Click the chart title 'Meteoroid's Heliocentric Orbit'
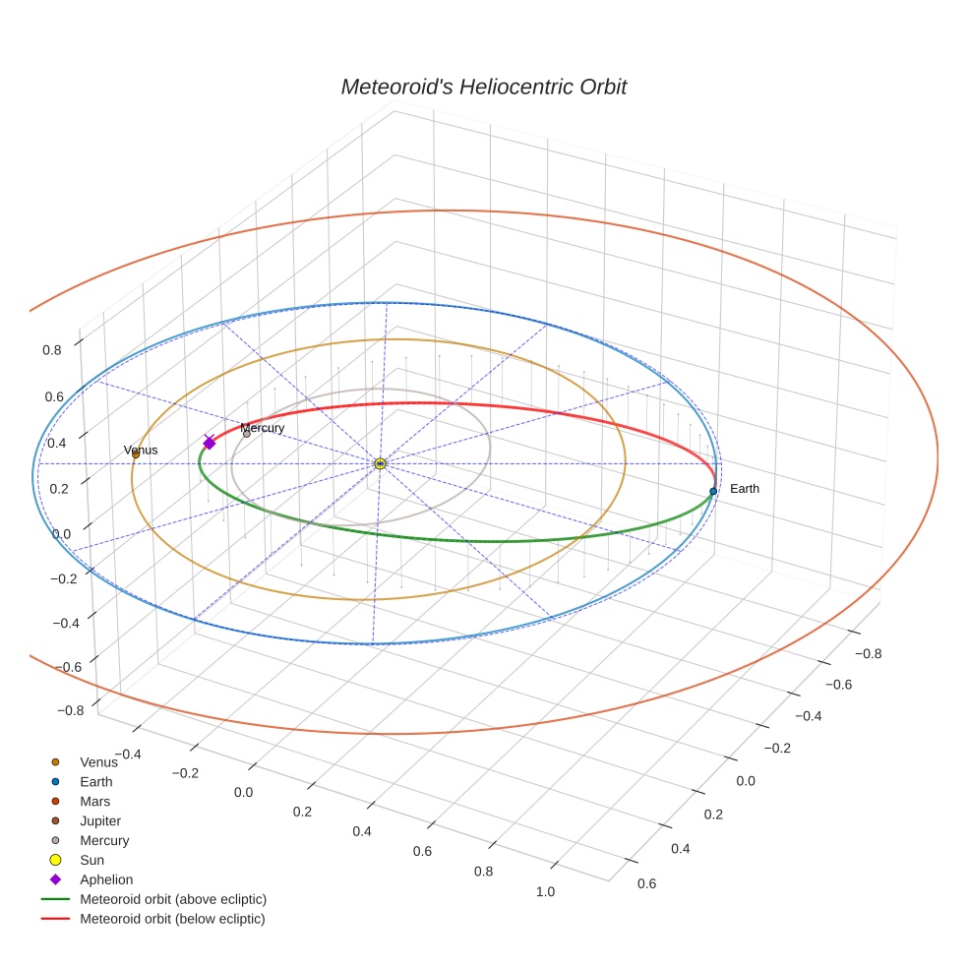483,87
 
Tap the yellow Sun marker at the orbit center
380,462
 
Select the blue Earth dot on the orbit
713,491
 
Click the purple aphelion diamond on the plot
209,444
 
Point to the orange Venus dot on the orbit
136,454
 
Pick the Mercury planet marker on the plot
247,434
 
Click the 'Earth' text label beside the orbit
745,489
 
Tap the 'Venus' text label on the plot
141,451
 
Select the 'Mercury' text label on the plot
263,428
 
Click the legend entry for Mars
95,801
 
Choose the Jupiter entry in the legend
100,820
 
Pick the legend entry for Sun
91,860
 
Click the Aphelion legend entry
106,879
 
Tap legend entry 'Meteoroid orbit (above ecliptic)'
173,899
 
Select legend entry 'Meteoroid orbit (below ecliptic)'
172,919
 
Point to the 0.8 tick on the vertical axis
52,349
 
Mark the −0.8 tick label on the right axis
867,653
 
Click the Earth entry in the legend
96,781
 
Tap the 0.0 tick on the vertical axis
61,533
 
